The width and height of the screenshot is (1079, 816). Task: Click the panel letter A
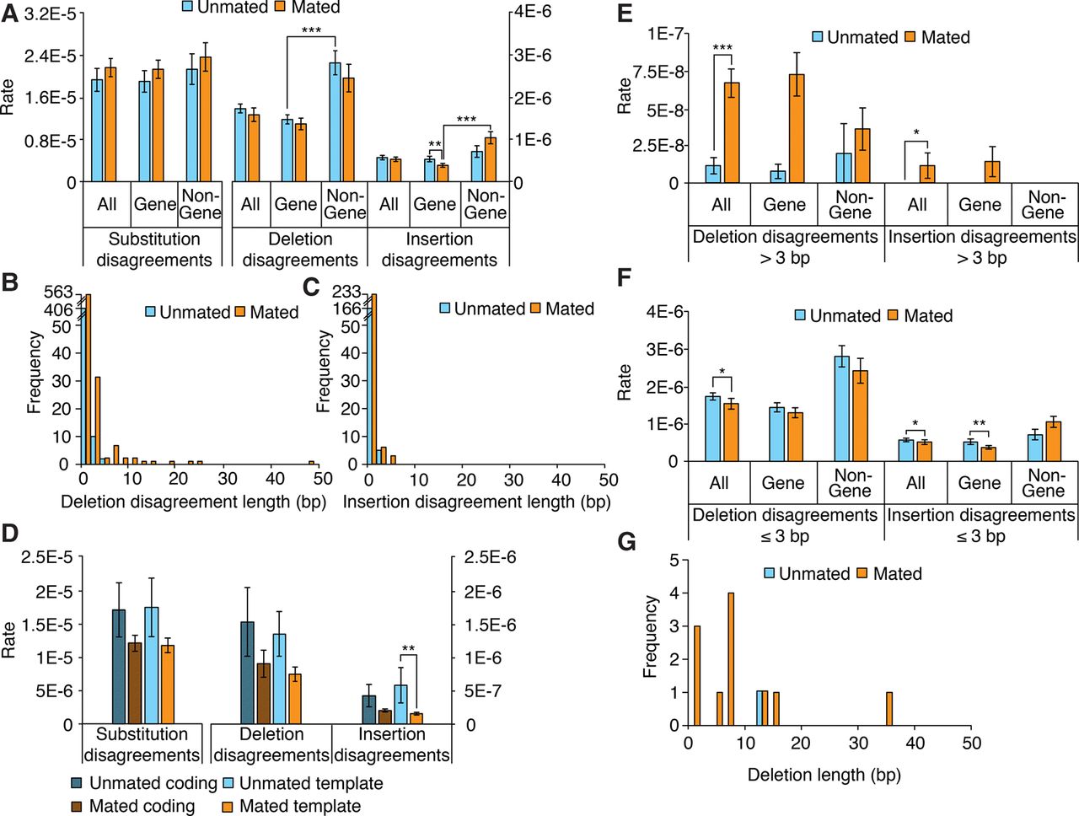coord(9,15)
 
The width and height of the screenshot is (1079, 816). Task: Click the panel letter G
coord(626,541)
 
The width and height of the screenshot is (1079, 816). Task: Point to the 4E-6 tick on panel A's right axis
coord(534,11)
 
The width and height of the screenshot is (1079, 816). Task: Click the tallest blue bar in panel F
coord(841,408)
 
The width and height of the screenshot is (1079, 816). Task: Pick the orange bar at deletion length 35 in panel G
coord(888,708)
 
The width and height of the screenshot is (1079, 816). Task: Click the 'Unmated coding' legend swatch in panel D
coord(78,784)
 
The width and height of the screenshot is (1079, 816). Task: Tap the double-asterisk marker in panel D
coord(408,649)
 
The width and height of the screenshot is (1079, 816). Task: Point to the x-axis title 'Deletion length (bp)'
coord(824,775)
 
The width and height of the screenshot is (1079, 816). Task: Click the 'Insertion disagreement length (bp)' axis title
coord(476,502)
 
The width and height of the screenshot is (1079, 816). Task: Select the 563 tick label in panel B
coord(58,293)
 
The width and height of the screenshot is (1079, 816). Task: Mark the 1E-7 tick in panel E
coord(665,34)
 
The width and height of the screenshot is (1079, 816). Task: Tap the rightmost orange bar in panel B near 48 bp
coord(311,462)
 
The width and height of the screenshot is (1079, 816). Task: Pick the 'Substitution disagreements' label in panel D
coord(142,744)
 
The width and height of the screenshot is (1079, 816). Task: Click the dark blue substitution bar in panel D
coord(119,667)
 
